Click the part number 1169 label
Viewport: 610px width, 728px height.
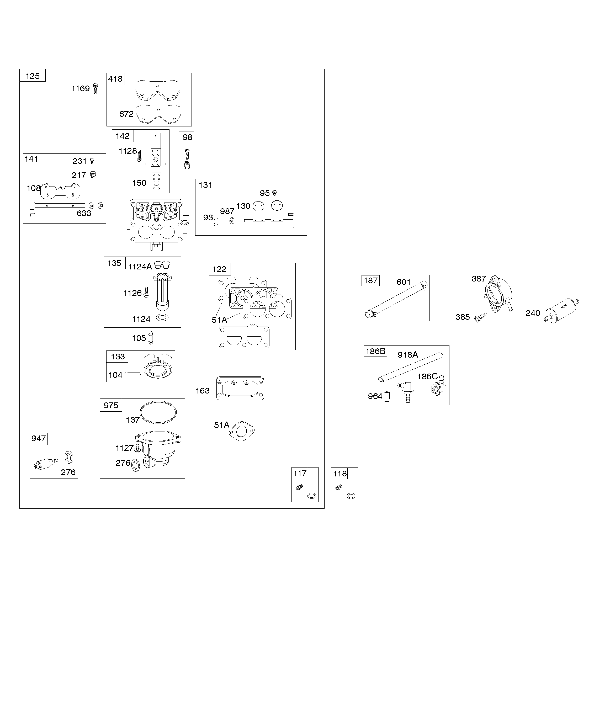pos(81,89)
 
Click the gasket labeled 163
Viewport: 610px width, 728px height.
pos(240,388)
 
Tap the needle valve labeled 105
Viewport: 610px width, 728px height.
pos(151,338)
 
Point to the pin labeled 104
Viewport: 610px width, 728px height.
pos(132,374)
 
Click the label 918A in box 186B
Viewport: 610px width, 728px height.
pos(407,355)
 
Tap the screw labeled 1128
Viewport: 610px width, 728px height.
pos(139,155)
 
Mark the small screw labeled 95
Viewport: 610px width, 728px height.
pos(275,193)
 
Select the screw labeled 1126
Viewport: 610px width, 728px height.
pos(146,292)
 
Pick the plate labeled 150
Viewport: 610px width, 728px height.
pos(156,181)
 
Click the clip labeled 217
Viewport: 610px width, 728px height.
pos(93,174)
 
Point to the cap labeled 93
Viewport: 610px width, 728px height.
pos(216,221)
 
